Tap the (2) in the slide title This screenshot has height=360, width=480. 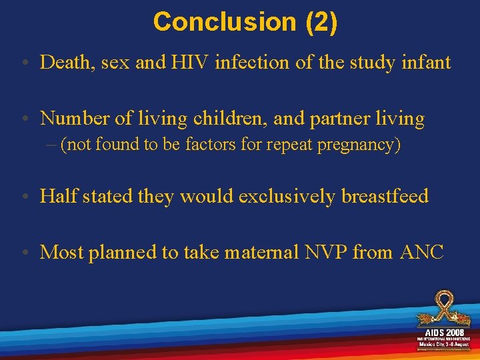321,22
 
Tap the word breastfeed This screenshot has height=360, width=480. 385,196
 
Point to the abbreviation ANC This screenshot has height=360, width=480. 422,252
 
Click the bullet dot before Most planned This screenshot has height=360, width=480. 24,253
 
